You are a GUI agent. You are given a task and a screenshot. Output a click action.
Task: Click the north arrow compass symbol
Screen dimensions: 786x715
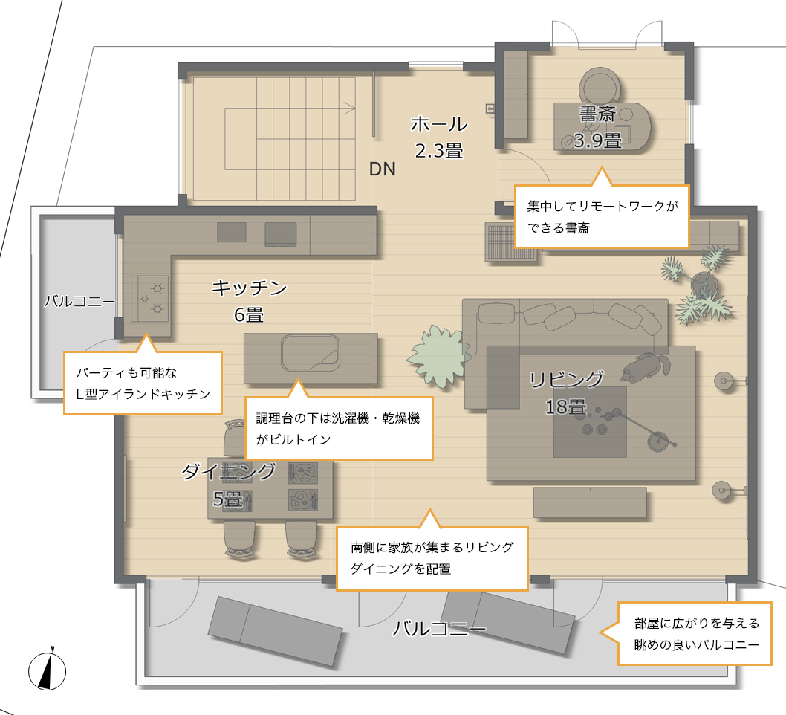tap(47, 670)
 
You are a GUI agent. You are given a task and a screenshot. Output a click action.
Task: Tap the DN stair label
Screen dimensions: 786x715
tap(383, 169)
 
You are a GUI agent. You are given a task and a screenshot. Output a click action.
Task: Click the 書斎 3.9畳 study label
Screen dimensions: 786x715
tap(597, 127)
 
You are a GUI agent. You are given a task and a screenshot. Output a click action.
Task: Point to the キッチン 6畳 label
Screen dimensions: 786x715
tap(249, 301)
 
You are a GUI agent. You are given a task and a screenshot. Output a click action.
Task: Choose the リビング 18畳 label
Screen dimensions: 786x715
tap(566, 392)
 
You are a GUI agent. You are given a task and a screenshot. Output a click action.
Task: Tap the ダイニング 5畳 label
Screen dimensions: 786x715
tap(228, 485)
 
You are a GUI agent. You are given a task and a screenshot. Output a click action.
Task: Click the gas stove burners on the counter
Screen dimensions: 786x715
tap(149, 299)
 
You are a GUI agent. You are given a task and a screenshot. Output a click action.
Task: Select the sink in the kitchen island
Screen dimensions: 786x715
tap(311, 352)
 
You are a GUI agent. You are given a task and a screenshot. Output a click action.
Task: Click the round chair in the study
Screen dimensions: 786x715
tap(600, 86)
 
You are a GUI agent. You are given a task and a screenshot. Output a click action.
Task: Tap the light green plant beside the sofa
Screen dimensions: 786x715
tap(440, 356)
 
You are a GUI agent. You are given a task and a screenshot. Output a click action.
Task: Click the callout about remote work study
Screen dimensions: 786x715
tap(602, 216)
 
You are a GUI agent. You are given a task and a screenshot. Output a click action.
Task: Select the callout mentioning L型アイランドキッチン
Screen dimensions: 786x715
tap(143, 383)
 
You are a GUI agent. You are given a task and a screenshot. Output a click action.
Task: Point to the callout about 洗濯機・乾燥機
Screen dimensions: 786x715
tap(339, 427)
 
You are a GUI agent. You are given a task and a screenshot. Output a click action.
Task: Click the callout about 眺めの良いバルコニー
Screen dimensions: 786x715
tap(695, 634)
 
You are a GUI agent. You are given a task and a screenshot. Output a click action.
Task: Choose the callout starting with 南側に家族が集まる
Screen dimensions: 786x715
tap(432, 557)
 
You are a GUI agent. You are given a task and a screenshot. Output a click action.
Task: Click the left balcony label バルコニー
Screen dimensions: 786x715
tap(79, 301)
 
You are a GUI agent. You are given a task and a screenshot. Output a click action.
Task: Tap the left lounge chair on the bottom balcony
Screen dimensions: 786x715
tap(275, 631)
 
